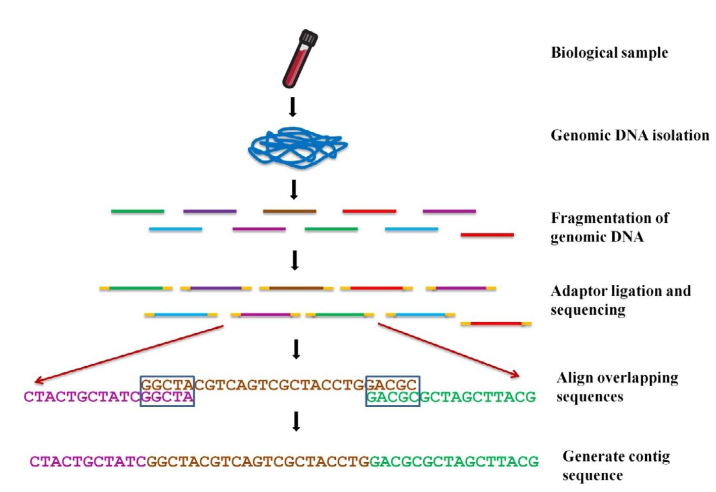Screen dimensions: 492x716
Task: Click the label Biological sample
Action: (609, 53)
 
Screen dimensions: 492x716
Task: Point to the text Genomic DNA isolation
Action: (630, 135)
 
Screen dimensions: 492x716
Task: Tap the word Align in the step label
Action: (573, 378)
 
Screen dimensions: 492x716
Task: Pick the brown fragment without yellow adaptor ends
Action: (289, 211)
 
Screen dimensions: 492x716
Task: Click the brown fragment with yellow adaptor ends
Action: (296, 288)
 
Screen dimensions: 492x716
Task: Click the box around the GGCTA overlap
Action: (167, 391)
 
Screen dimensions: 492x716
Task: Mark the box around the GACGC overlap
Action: (392, 391)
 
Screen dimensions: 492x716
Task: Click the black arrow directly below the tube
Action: (292, 107)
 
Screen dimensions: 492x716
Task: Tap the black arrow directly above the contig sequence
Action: (296, 421)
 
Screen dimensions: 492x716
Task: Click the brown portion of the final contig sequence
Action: (257, 462)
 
